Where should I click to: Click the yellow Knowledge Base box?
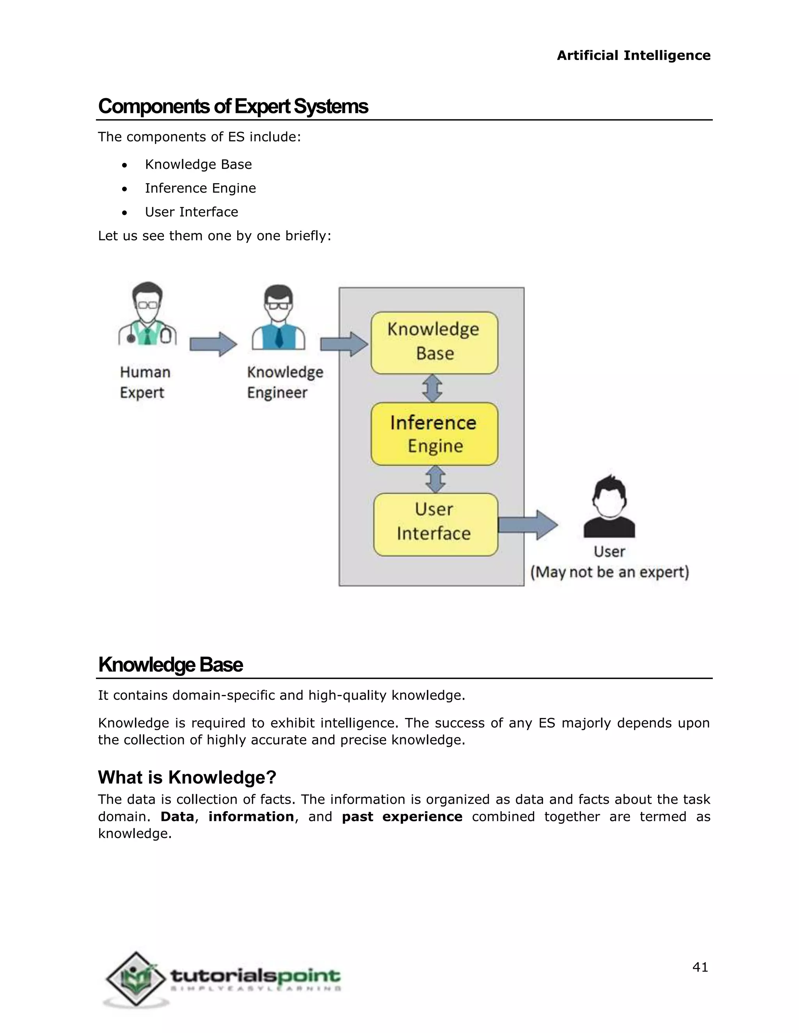(434, 342)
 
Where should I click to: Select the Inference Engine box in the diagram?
(434, 434)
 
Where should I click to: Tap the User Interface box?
(435, 524)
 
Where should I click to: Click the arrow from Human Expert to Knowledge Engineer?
(213, 344)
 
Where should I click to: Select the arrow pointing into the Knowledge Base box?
(344, 344)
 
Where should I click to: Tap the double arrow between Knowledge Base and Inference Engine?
(433, 388)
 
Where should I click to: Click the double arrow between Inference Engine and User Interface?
(435, 479)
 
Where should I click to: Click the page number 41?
(700, 967)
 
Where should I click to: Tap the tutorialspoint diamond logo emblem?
(136, 978)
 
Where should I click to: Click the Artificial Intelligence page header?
(633, 55)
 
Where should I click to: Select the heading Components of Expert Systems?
(233, 106)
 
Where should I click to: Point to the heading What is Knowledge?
(187, 777)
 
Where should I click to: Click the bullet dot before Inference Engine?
(124, 189)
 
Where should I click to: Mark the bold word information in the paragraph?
(251, 816)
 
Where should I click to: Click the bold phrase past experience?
(402, 816)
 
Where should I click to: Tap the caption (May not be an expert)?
(609, 572)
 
